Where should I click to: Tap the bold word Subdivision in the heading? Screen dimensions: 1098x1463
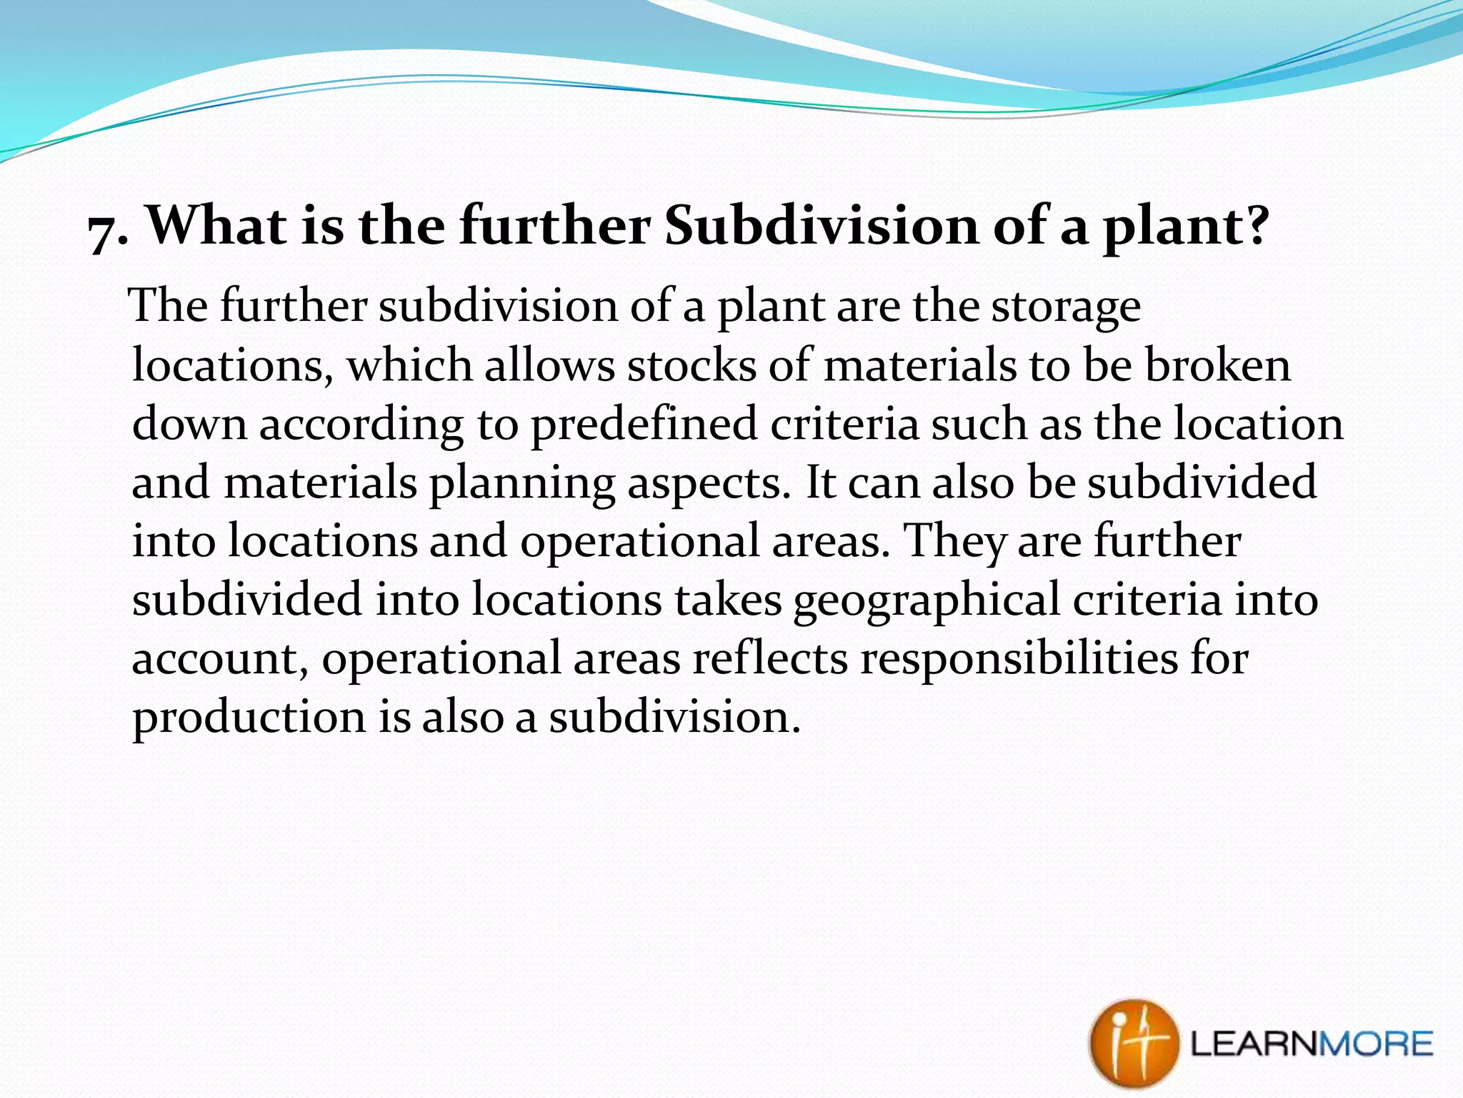(x=820, y=225)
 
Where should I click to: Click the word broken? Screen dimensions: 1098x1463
(x=1218, y=365)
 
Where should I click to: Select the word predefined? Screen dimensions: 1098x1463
(x=643, y=424)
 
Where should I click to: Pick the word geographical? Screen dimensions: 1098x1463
(x=926, y=601)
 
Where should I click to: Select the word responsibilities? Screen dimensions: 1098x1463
(x=1019, y=658)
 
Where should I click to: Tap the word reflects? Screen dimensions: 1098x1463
(x=770, y=658)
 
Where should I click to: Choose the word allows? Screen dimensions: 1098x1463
(x=549, y=365)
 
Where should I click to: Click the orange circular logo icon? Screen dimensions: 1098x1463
(x=1133, y=1044)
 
